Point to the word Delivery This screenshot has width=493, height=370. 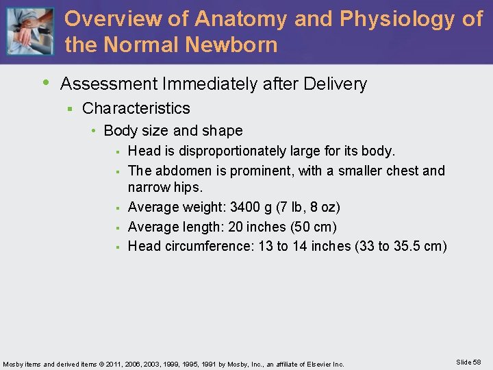point(334,84)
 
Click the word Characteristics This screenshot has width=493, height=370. point(136,108)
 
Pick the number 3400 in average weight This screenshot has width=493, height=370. point(246,207)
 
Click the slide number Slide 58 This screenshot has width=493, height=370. point(468,362)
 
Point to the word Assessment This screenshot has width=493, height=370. point(108,84)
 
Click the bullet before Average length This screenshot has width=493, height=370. point(118,227)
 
